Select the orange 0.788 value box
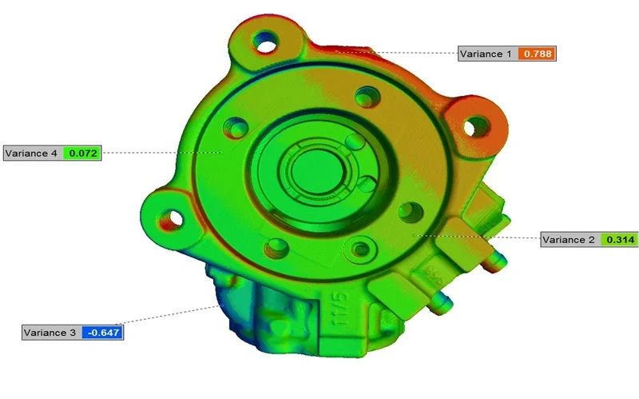tap(536, 54)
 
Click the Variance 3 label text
tap(50, 332)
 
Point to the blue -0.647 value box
tap(102, 332)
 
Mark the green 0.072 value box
tap(83, 153)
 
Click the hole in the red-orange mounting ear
tap(477, 125)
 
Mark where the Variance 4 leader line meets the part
tap(221, 152)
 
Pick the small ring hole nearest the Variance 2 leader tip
tap(411, 213)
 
